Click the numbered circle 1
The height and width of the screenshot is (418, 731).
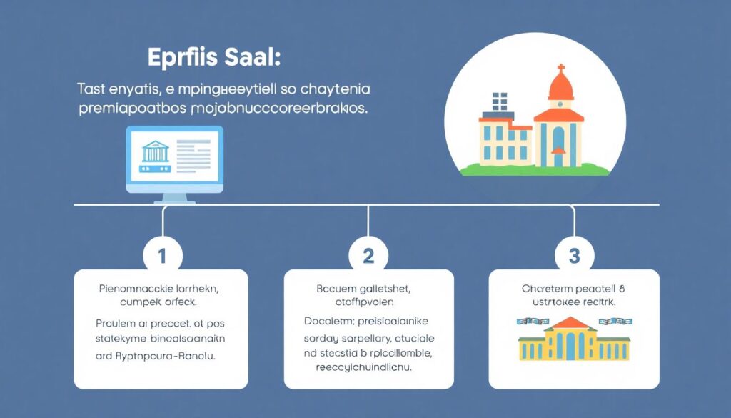click(163, 255)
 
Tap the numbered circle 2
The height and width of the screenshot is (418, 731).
click(368, 255)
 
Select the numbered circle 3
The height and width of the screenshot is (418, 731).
click(573, 255)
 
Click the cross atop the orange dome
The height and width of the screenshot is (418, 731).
click(560, 70)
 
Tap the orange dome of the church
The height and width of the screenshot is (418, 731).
click(560, 89)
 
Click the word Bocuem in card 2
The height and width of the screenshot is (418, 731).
click(336, 291)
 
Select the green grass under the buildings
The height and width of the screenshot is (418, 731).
click(535, 170)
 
